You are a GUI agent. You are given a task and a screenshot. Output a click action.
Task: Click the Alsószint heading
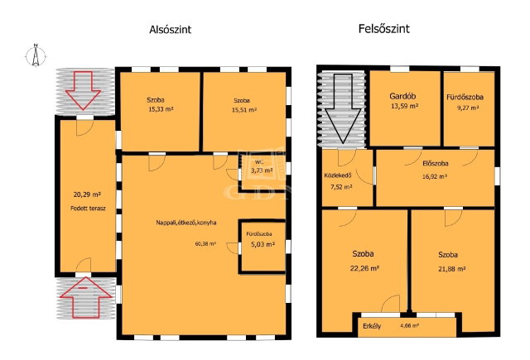171,30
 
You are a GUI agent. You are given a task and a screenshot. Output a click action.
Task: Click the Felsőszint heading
384,29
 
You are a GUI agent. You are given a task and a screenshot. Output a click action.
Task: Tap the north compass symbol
36,55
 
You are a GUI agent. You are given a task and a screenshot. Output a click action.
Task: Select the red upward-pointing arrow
86,297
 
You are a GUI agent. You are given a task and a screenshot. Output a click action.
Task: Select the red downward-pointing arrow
83,90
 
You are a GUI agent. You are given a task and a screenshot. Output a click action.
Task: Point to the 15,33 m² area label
161,109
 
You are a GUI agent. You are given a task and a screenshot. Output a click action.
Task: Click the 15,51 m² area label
244,110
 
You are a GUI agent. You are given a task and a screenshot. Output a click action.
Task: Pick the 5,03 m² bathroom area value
263,244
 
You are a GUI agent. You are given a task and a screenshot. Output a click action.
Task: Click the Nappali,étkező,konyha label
186,223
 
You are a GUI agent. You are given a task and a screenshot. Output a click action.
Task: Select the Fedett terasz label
88,209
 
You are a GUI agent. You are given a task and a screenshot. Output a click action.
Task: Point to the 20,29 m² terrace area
87,194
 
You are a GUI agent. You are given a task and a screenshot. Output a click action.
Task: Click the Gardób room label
402,96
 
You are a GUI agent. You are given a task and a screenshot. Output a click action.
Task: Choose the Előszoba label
436,164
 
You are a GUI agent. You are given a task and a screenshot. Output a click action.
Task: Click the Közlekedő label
338,175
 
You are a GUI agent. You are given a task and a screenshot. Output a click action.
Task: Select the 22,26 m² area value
364,268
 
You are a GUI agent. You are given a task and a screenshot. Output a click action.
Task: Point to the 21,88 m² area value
451,269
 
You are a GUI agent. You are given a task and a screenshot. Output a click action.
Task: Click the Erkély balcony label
372,326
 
